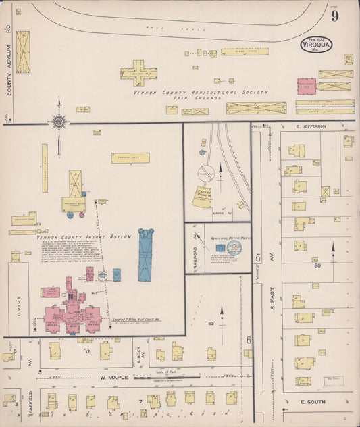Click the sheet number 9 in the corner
[334, 16]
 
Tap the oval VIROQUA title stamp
[316, 46]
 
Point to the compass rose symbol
[59, 122]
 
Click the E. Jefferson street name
[310, 126]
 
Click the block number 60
[316, 266]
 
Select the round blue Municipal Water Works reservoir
[234, 248]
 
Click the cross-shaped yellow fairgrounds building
[138, 73]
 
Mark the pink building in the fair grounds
[306, 86]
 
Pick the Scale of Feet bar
[166, 376]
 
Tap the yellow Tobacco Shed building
[130, 157]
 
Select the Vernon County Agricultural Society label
[200, 93]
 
